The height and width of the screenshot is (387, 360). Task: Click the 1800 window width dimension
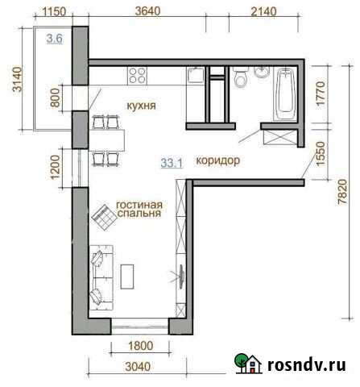141,347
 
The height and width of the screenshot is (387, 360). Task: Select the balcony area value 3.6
55,39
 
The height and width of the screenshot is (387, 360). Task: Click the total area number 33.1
172,162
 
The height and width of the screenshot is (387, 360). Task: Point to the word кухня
141,106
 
